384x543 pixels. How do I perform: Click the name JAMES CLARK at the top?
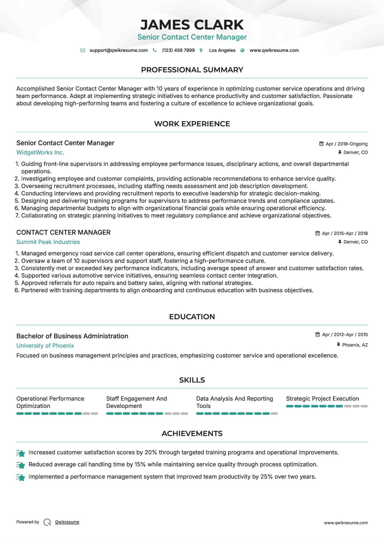[192, 25]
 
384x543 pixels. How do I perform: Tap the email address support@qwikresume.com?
[118, 50]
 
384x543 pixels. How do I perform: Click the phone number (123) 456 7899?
[178, 50]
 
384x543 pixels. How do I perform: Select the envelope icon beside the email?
[83, 50]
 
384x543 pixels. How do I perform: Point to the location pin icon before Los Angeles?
[201, 50]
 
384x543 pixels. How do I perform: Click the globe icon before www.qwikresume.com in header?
[242, 50]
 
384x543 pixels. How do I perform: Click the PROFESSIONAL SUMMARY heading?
[192, 70]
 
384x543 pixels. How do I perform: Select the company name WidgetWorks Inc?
[40, 153]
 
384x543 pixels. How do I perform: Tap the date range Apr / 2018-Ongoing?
[346, 144]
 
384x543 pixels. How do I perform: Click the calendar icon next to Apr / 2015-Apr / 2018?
[317, 233]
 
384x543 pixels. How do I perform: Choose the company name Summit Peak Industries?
[48, 242]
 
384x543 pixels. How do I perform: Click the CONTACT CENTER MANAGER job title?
[63, 232]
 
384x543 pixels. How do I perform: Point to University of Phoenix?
[45, 346]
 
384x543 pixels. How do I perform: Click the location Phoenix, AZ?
[355, 345]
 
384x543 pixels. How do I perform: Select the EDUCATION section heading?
[192, 317]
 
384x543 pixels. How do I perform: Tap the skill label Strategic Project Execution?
[322, 399]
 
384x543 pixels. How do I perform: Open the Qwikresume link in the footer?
[67, 522]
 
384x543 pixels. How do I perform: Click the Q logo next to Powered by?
[47, 522]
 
